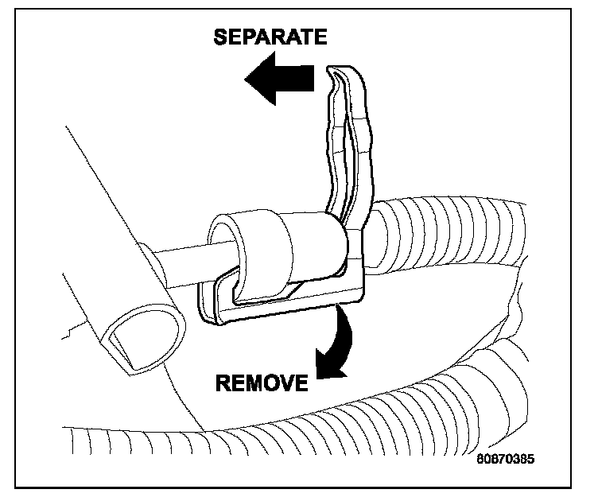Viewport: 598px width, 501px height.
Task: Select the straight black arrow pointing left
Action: (x=282, y=81)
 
